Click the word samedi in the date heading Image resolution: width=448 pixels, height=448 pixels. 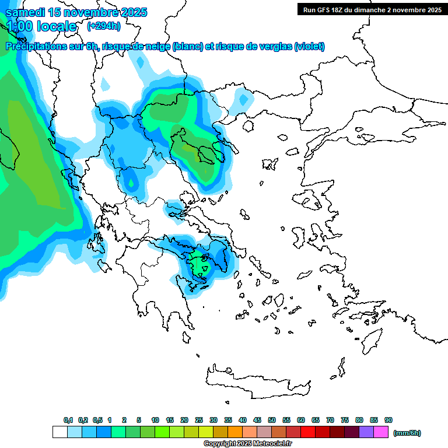pos(26,12)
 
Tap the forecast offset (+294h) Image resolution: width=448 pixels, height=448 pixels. pos(104,26)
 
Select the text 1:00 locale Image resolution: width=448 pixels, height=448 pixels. pos(41,26)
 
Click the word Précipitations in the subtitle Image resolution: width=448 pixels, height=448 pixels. pos(32,47)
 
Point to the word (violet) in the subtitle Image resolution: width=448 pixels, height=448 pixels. pos(309,47)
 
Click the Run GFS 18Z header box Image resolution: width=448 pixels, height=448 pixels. pos(372,9)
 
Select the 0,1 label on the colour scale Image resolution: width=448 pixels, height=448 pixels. pos(68,420)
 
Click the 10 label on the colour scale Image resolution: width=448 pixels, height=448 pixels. pos(155,420)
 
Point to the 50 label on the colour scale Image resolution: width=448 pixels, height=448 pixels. pos(272,420)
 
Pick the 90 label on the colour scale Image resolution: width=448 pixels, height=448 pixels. pos(388,420)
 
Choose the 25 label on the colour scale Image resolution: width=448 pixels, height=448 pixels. pos(199,420)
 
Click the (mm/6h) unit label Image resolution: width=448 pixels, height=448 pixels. pos(407,433)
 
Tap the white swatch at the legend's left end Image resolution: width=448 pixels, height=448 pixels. pos(60,432)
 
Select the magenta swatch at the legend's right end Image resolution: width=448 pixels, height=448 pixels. pos(381,432)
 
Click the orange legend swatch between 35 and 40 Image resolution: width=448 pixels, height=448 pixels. pos(235,432)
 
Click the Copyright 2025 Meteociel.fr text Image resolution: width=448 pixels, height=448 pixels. pos(247,444)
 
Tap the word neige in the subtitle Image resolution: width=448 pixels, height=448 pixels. pos(150,47)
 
